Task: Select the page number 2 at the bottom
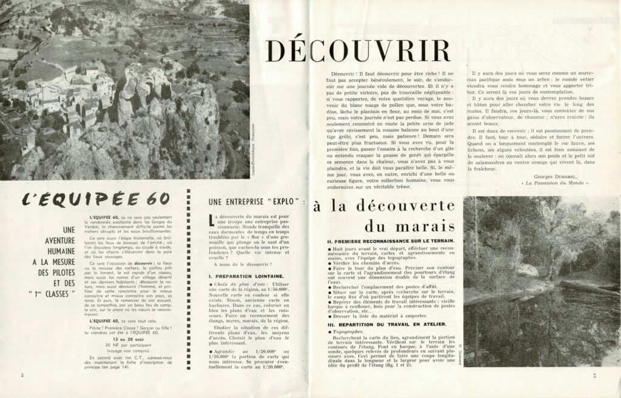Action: coord(22,376)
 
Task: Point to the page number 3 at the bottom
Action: coord(596,376)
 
